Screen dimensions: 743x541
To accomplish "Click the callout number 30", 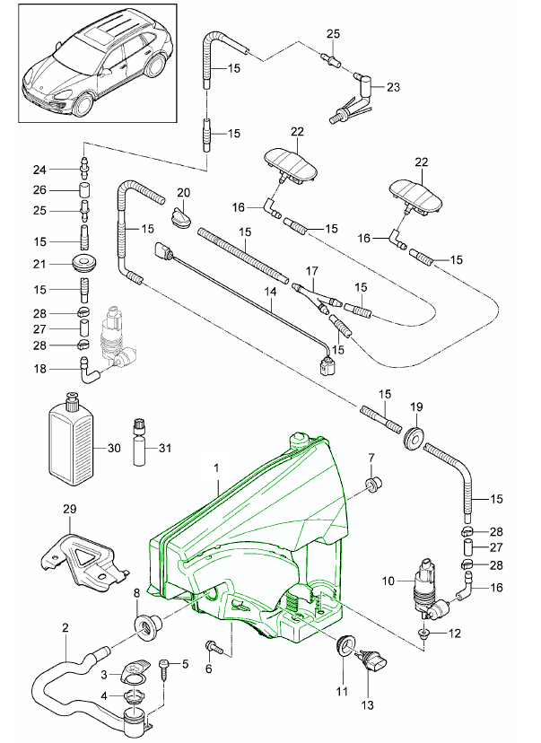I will click(113, 448).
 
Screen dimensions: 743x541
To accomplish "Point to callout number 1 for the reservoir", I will click(216, 468).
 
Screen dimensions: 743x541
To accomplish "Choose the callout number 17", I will click(312, 269).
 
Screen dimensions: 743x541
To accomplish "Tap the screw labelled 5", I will click(165, 667).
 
